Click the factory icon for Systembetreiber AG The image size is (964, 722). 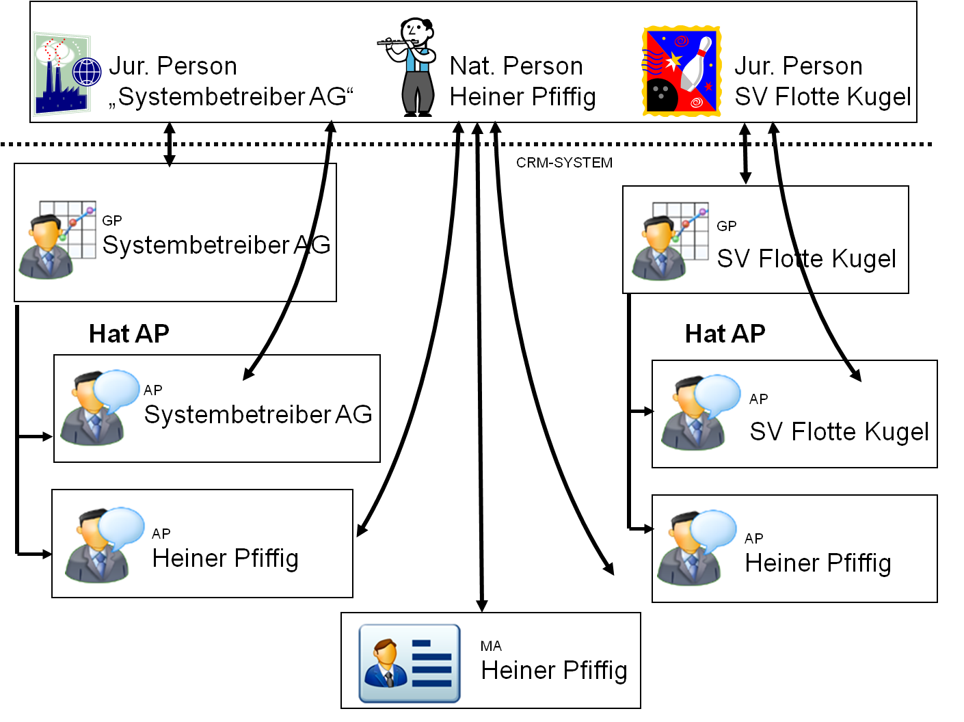tap(62, 75)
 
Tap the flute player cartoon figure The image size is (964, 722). tap(414, 67)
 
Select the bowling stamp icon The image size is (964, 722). tap(682, 71)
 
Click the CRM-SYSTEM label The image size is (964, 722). tap(564, 163)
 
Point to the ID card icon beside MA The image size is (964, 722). tap(410, 663)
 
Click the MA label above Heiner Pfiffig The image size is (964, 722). tap(491, 646)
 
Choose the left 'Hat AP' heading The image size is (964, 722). tap(129, 334)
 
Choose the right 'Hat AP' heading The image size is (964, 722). tap(725, 334)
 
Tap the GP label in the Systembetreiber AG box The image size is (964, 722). tap(112, 221)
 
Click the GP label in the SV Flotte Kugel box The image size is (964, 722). tap(727, 226)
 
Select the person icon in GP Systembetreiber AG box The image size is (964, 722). tap(45, 248)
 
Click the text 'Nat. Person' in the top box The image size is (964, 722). tap(516, 66)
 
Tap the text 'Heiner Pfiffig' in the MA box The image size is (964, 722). tap(554, 671)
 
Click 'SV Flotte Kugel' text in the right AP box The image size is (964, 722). tap(839, 432)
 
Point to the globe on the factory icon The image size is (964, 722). tap(87, 72)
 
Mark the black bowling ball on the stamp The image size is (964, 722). tap(661, 95)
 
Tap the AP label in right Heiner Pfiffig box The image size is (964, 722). tap(754, 539)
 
